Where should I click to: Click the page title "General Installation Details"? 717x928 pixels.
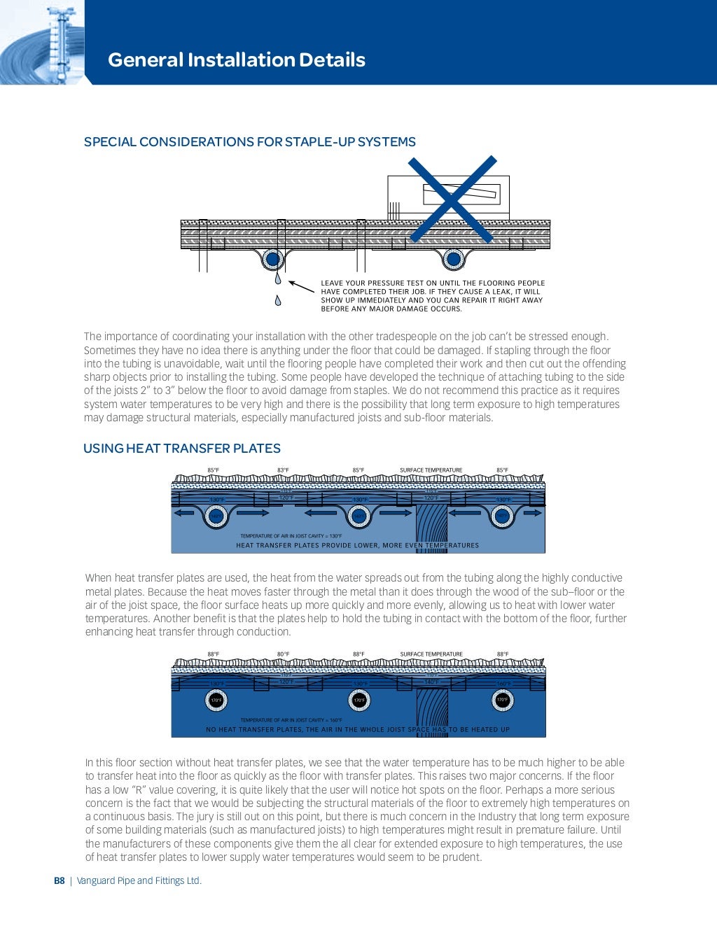[236, 60]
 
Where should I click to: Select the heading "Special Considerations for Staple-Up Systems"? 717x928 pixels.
[249, 142]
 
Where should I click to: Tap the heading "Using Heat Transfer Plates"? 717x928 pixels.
[182, 449]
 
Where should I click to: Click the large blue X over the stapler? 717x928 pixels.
[452, 199]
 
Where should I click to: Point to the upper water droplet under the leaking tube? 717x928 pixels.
[278, 279]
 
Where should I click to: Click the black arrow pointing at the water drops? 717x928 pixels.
[301, 286]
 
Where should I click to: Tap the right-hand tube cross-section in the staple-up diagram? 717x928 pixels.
[453, 260]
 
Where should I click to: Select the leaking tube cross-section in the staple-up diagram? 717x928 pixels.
[272, 260]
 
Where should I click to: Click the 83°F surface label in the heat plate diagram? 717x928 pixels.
[283, 470]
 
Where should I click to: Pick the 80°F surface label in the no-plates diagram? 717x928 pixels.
[283, 654]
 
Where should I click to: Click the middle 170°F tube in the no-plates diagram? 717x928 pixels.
[359, 700]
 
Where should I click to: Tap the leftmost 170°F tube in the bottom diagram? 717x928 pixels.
[216, 700]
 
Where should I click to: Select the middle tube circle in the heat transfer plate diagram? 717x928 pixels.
[359, 516]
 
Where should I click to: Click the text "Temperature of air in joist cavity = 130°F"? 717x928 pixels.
[291, 536]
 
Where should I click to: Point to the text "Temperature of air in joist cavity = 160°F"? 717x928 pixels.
[291, 720]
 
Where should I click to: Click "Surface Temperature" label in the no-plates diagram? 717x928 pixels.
[431, 654]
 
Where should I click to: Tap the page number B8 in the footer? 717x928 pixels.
[60, 880]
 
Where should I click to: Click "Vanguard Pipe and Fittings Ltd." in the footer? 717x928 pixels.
[139, 880]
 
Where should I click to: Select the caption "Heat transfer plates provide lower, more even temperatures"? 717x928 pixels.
[357, 545]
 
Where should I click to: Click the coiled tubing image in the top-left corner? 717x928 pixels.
[42, 43]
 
